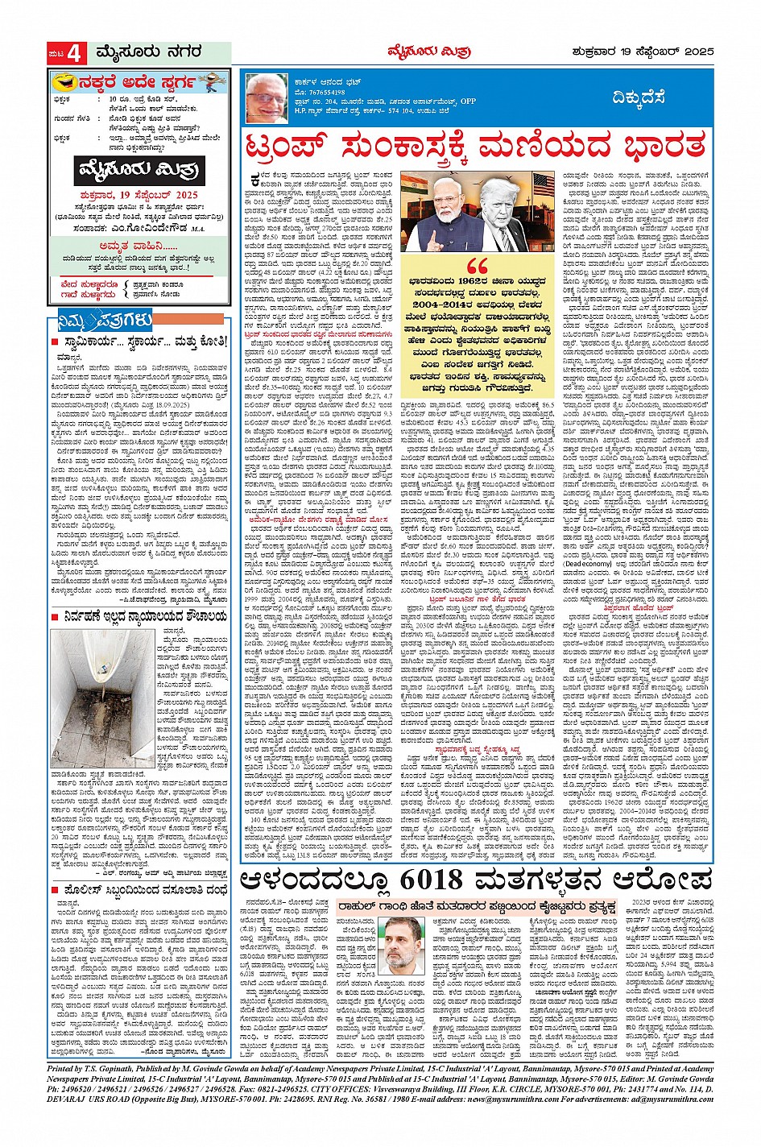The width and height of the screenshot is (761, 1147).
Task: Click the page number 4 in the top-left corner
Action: pos(75,54)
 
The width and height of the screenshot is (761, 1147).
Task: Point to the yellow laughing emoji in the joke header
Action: pos(64,82)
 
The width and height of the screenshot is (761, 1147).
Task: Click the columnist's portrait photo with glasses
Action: pos(267,98)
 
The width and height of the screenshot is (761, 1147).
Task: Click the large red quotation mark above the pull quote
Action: pos(477,267)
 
